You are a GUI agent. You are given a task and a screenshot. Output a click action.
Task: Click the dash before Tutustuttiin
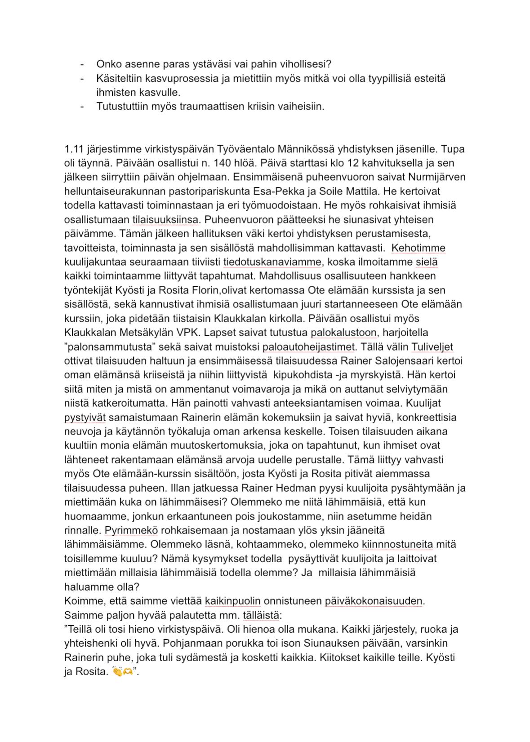click(82, 107)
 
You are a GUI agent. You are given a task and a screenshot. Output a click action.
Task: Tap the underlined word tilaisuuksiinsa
click(165, 220)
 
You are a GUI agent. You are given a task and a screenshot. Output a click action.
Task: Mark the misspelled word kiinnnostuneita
click(397, 545)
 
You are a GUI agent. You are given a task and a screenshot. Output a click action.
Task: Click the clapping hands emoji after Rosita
click(117, 672)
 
